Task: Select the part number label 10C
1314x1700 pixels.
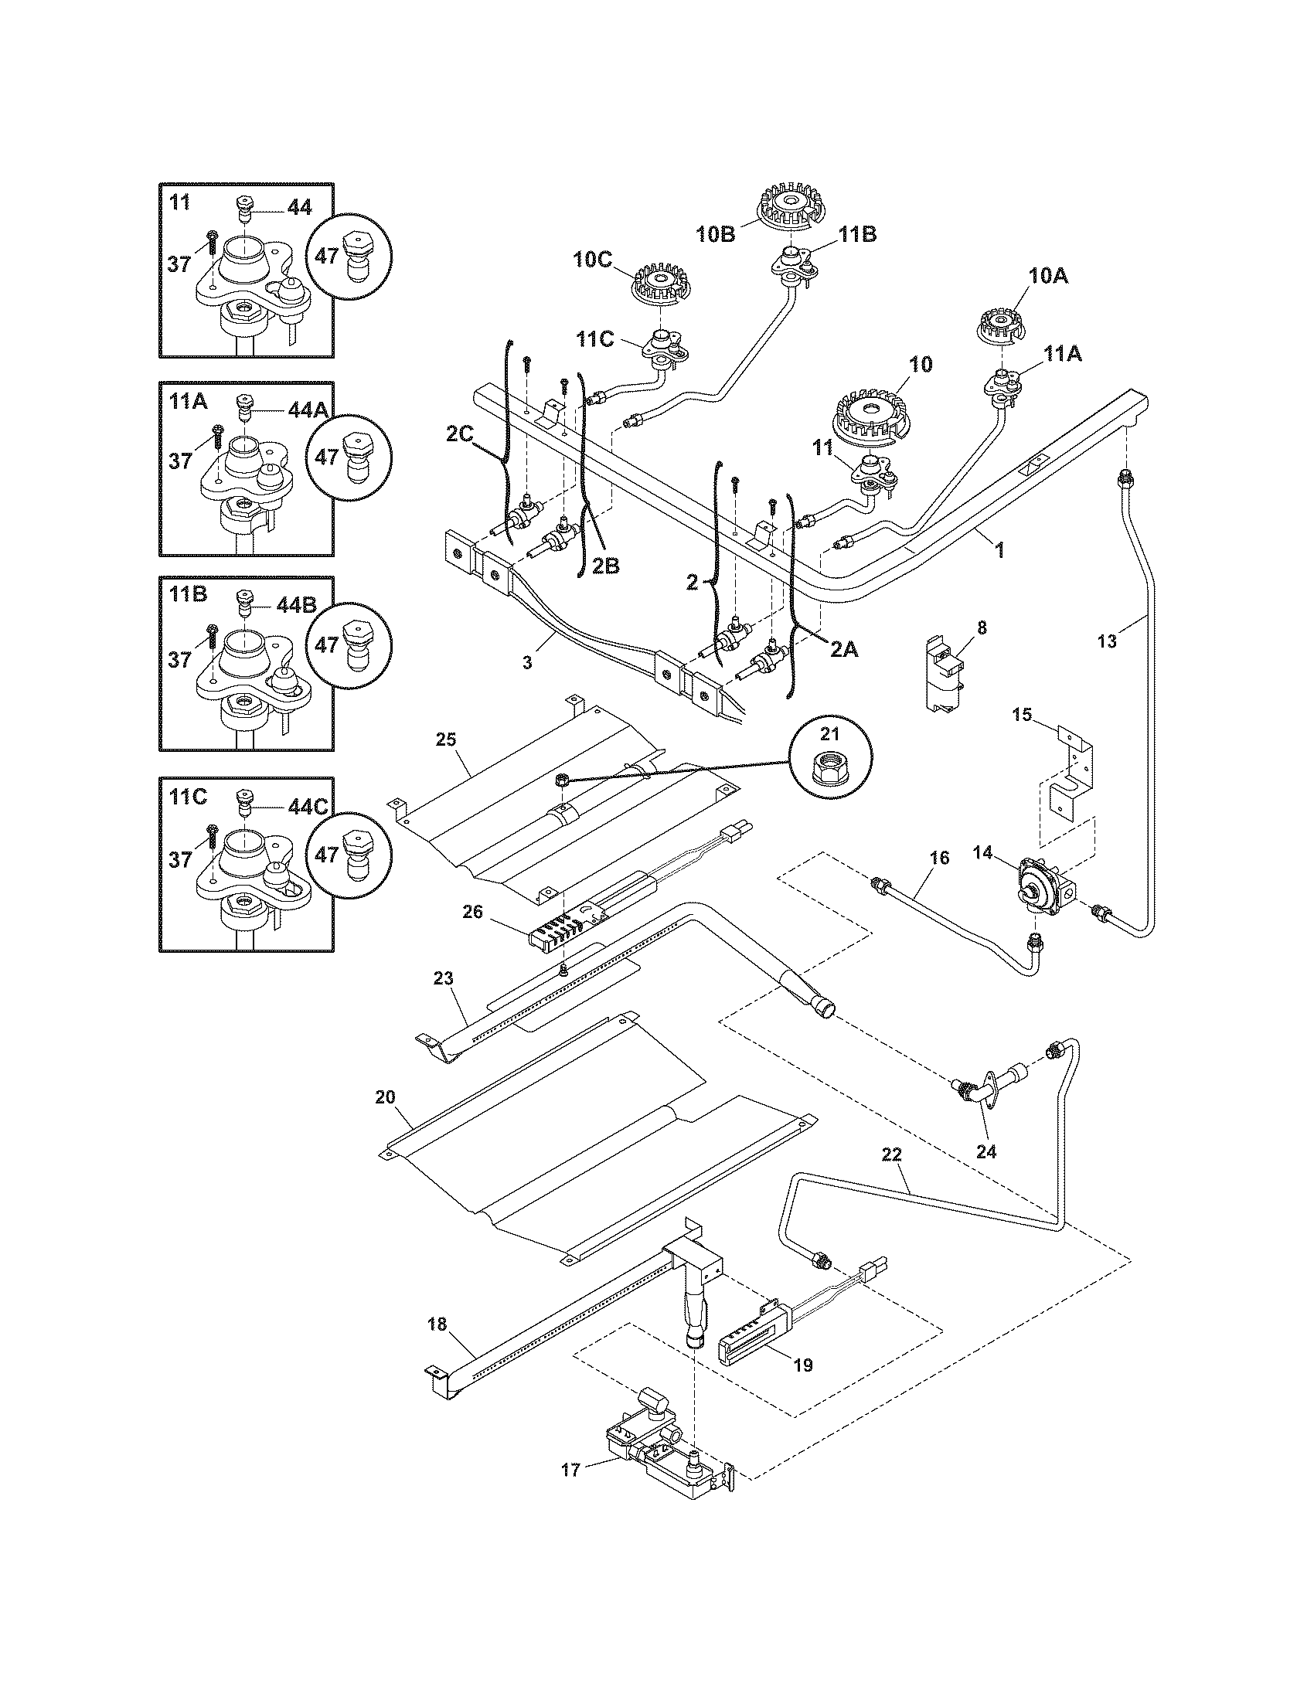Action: pyautogui.click(x=594, y=260)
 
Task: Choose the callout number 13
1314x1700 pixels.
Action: pyautogui.click(x=1107, y=641)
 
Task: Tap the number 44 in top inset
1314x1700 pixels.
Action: pyautogui.click(x=300, y=207)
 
